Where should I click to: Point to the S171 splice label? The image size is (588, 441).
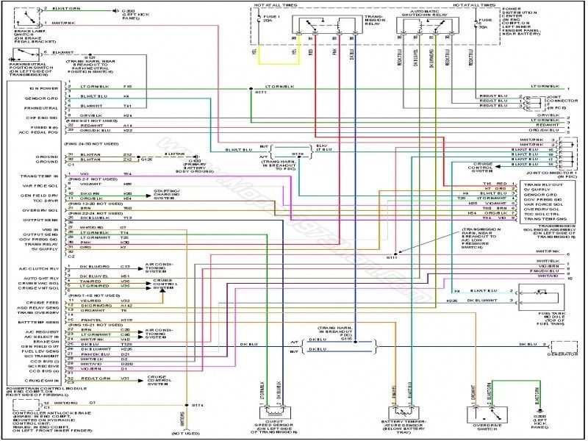click(261, 93)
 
